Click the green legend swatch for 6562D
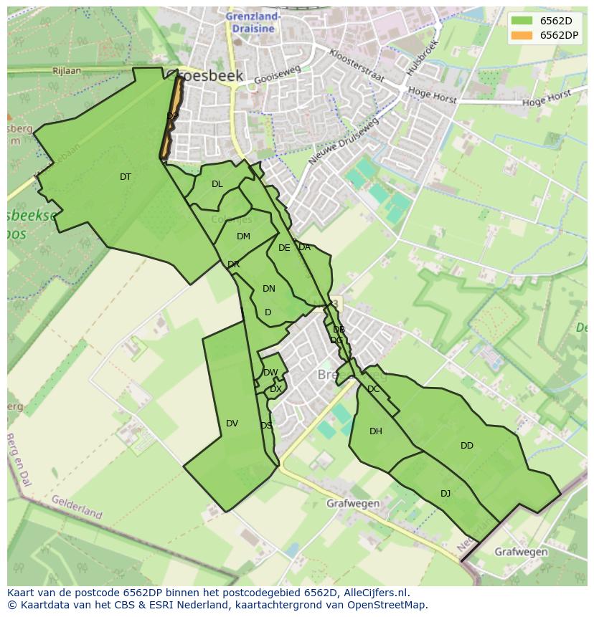(522, 21)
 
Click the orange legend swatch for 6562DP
(522, 35)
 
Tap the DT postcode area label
(126, 177)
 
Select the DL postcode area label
(217, 184)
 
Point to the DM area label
(243, 236)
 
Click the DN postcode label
(269, 289)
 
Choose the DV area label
(232, 424)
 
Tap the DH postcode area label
(376, 431)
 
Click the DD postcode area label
(467, 446)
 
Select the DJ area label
(445, 493)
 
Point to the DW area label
(270, 373)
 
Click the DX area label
(275, 389)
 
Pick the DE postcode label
(284, 248)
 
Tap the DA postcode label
(305, 247)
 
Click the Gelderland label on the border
(77, 507)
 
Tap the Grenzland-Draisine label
(253, 21)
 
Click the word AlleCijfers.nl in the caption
(375, 593)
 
